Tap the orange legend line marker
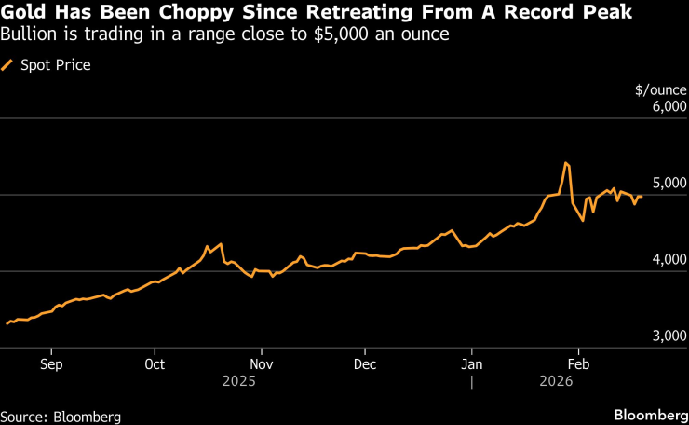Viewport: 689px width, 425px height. tap(8, 65)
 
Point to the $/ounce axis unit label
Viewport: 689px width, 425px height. tap(660, 90)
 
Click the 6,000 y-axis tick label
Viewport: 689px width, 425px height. tap(668, 107)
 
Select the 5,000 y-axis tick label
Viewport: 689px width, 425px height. tap(668, 184)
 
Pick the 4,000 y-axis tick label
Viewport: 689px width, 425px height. tap(668, 260)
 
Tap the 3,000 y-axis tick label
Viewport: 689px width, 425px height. tap(668, 336)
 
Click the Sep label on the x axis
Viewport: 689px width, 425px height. tap(52, 363)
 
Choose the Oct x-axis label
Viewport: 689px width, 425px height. tap(155, 363)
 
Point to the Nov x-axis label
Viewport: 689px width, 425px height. tap(262, 363)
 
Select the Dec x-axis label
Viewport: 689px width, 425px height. tap(365, 363)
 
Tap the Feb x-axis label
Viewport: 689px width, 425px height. tap(579, 363)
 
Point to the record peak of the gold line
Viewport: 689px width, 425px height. tap(566, 163)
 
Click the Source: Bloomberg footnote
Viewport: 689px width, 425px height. tap(61, 416)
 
